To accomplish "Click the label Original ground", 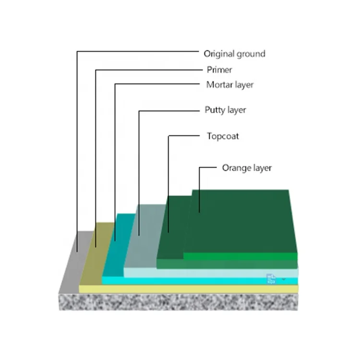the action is [234, 54].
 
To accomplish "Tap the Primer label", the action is [219, 70].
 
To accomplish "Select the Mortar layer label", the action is [230, 85].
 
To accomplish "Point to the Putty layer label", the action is [225, 110].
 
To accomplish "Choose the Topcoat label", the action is [223, 136].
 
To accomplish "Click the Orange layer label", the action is [247, 168].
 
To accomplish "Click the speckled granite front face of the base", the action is [178, 302].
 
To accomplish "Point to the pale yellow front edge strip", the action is [189, 289].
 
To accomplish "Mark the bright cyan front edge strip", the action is [200, 281].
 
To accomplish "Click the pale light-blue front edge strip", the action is [211, 273].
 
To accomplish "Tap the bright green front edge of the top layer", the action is [240, 256].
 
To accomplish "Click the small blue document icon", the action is [271, 279].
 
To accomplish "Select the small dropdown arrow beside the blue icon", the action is [284, 279].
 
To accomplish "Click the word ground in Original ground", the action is [251, 54].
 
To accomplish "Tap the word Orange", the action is [236, 168].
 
